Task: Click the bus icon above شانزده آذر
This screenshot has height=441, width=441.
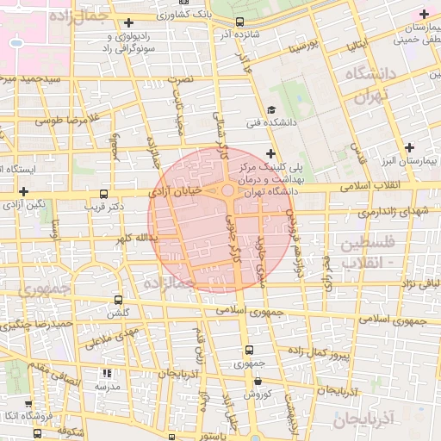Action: [239, 22]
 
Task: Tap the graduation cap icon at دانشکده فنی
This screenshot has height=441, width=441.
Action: [271, 110]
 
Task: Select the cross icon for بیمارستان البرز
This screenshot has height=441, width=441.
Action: [410, 147]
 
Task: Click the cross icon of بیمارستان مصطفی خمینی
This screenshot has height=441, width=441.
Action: [423, 14]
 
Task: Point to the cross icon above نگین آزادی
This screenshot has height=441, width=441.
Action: [23, 190]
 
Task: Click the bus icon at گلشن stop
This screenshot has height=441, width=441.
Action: [118, 301]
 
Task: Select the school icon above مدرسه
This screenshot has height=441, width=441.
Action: [108, 374]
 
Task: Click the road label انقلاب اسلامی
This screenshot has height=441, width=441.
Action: [365, 186]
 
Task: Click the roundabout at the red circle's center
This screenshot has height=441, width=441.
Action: [227, 190]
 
